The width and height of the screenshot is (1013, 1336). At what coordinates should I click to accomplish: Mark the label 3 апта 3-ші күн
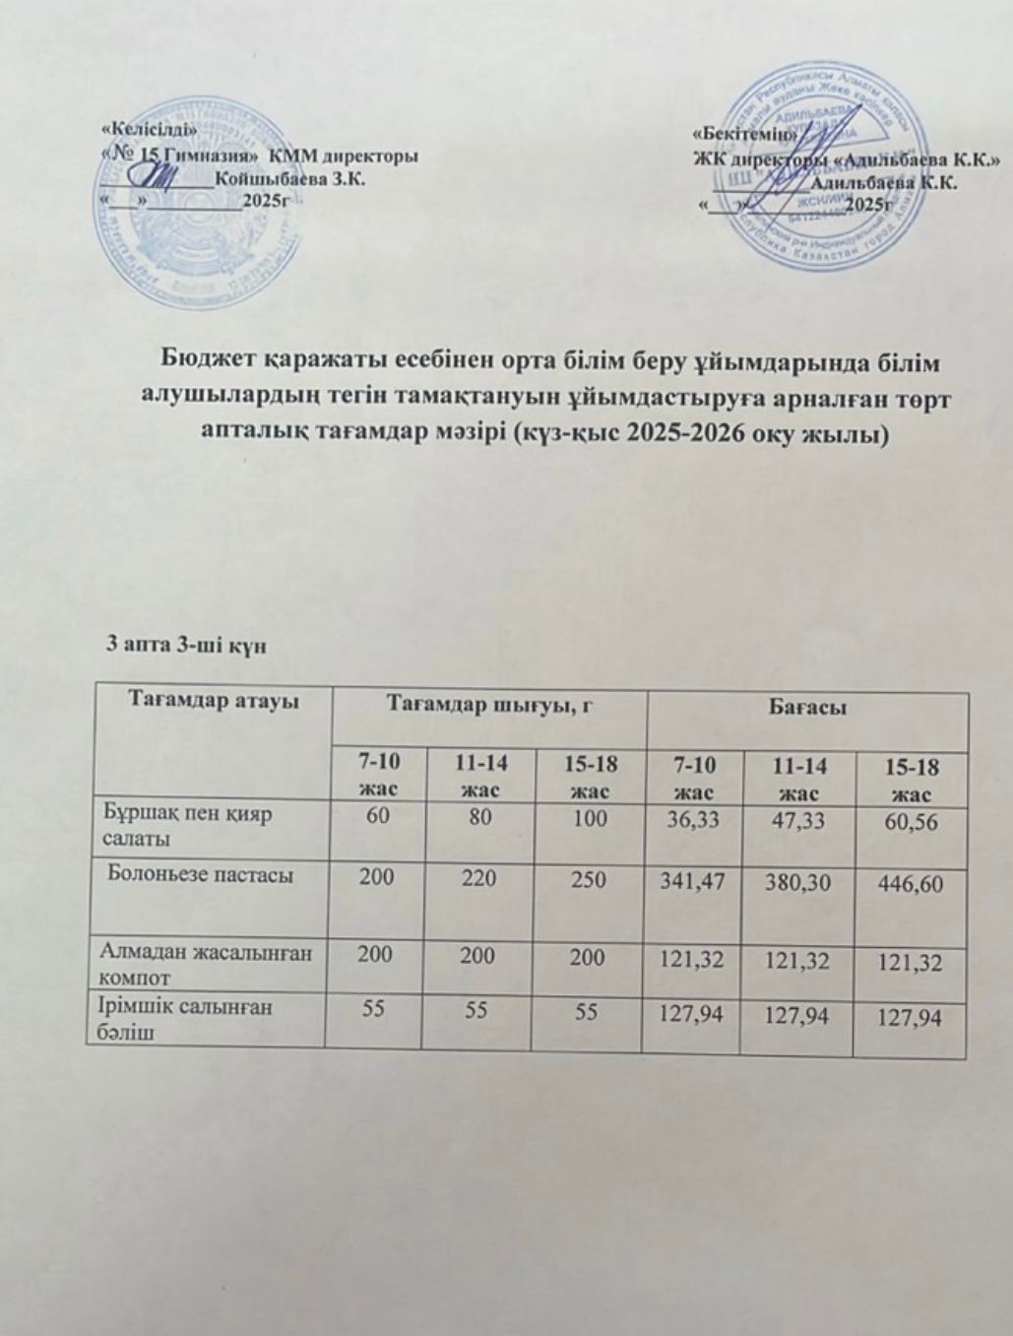[x=185, y=644]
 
